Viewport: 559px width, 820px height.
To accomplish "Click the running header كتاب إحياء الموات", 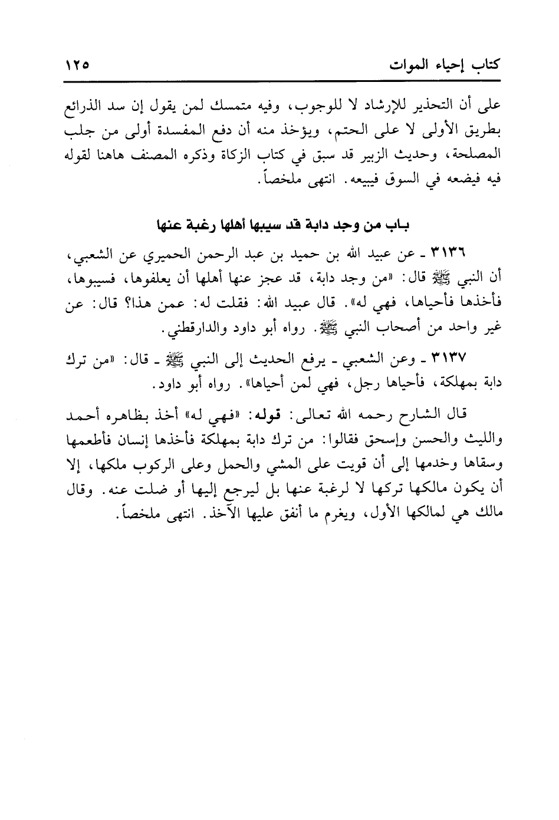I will click(444, 63).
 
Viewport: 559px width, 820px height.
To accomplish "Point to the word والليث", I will click(479, 440).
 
